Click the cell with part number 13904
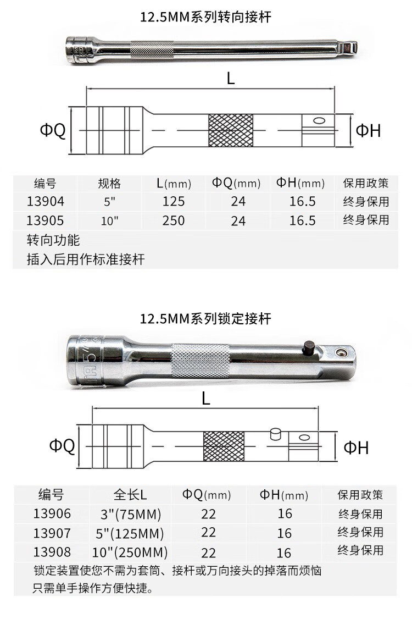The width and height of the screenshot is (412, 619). click(45, 201)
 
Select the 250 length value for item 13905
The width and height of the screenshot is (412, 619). click(174, 220)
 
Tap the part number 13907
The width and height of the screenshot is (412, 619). click(52, 533)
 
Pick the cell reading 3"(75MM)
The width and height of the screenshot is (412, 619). click(131, 515)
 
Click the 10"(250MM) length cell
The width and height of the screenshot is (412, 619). click(130, 552)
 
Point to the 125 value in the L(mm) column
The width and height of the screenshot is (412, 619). click(174, 201)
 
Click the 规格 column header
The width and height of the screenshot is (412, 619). click(109, 184)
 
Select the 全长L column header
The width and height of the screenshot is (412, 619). click(130, 495)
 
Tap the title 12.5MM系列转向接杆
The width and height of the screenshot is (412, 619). click(205, 17)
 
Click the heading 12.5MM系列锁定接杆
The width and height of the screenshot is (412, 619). click(205, 319)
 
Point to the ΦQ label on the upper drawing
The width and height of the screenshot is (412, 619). click(53, 130)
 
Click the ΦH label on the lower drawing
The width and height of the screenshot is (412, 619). click(356, 447)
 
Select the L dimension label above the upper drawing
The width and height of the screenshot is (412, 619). click(231, 79)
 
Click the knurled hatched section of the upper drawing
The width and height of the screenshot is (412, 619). click(231, 130)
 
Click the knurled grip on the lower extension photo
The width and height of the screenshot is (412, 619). click(200, 361)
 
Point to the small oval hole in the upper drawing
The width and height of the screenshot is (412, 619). click(319, 120)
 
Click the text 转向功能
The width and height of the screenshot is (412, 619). click(53, 240)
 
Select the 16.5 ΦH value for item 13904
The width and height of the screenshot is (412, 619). click(302, 201)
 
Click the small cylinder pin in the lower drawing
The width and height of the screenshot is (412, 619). click(275, 434)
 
